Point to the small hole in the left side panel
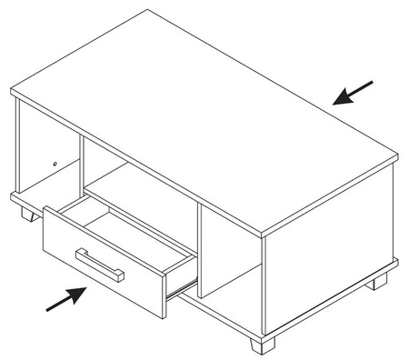click(x=55, y=164)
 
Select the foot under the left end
click(x=27, y=215)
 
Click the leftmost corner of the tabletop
click(x=12, y=91)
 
